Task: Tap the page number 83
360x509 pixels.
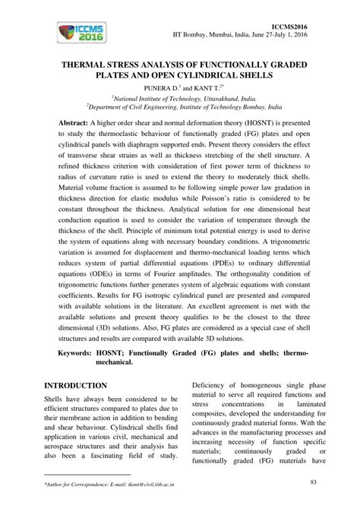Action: [314, 482]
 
